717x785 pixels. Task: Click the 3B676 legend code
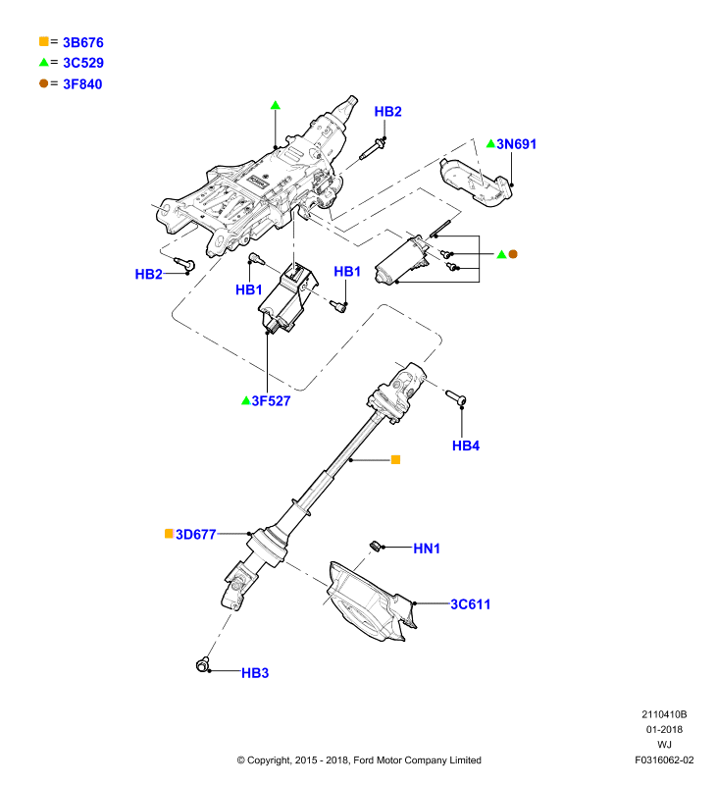(83, 42)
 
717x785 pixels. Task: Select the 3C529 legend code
(83, 63)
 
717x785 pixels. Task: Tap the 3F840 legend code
(82, 84)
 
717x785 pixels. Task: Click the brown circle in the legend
(44, 83)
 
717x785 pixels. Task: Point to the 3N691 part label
(516, 144)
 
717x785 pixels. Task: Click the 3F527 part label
(271, 401)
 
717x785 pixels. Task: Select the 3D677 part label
(195, 535)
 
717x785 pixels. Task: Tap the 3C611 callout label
(471, 604)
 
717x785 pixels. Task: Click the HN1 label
(427, 549)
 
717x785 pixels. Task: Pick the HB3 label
(255, 673)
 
